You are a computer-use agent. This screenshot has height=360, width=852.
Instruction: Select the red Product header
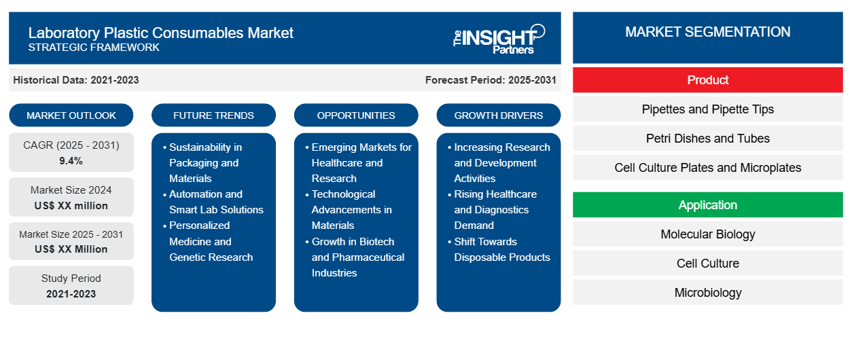click(x=707, y=80)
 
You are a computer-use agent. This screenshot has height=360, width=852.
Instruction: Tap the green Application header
click(x=707, y=205)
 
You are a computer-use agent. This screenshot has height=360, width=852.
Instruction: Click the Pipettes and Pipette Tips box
click(x=707, y=109)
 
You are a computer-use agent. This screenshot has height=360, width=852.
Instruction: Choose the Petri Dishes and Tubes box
click(x=707, y=139)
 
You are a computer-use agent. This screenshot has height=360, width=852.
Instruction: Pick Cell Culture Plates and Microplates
click(x=707, y=168)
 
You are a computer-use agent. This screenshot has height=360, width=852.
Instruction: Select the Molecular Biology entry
click(x=707, y=234)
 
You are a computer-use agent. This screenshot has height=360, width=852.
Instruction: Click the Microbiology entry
click(x=707, y=293)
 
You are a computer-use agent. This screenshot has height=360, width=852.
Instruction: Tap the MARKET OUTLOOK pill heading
click(x=71, y=115)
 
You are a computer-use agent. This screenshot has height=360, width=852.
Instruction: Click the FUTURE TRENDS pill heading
click(x=213, y=115)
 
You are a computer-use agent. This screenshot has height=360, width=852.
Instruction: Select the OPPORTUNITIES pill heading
click(x=356, y=115)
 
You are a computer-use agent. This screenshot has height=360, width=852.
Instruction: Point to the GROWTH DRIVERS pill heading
click(x=499, y=115)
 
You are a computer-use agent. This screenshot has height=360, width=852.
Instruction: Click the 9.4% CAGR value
click(x=71, y=161)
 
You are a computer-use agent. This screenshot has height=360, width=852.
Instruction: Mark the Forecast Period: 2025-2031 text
click(x=491, y=80)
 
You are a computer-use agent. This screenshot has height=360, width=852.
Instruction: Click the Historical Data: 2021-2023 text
click(x=76, y=80)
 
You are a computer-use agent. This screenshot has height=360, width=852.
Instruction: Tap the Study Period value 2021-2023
click(x=71, y=294)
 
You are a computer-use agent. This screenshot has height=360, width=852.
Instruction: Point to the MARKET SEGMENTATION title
click(x=707, y=32)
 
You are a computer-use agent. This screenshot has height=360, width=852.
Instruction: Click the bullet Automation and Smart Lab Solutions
click(x=215, y=202)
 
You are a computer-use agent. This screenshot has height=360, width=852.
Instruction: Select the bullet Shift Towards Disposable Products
click(x=501, y=249)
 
